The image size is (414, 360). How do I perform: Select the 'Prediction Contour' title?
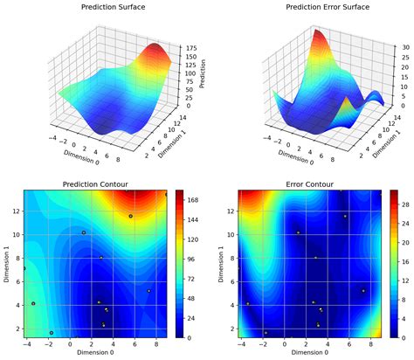(x=94, y=184)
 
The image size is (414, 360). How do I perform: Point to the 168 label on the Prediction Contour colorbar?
(x=195, y=199)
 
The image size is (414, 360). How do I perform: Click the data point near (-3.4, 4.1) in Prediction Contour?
(x=33, y=304)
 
